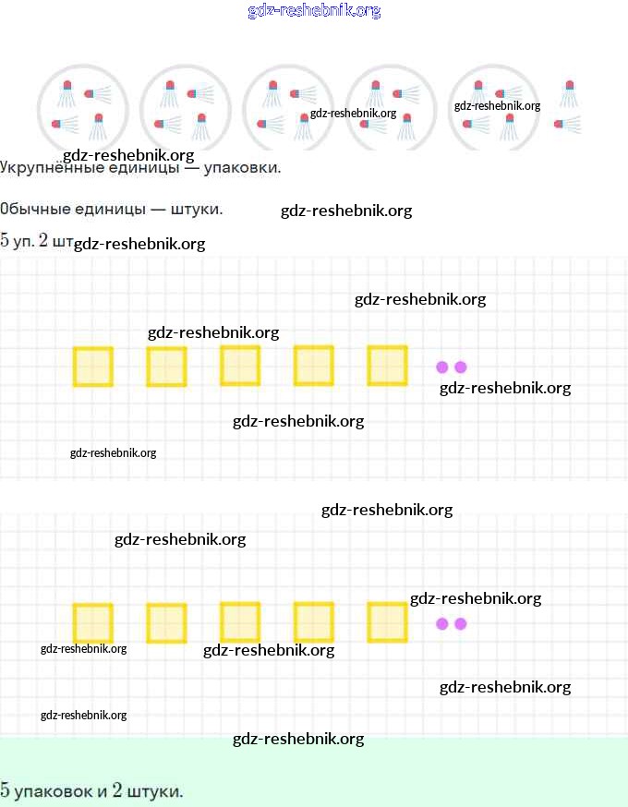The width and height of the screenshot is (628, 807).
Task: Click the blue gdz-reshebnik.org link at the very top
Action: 314,10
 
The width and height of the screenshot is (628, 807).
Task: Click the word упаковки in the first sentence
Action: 242,168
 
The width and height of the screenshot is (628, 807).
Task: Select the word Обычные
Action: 35,209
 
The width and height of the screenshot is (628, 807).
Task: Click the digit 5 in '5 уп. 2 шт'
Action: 5,240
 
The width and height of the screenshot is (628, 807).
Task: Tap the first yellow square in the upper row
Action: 93,367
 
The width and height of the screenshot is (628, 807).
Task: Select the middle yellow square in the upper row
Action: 240,366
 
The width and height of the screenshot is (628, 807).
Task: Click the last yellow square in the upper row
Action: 388,366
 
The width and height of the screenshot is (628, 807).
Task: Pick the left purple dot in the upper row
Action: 442,367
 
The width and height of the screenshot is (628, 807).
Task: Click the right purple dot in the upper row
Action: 461,367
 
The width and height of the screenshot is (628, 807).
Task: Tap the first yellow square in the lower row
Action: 93,623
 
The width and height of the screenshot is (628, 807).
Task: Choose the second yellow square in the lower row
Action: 167,623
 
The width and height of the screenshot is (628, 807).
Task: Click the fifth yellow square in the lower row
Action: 388,622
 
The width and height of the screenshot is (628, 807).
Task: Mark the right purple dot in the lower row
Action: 461,624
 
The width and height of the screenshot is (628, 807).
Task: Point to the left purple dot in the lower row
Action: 442,624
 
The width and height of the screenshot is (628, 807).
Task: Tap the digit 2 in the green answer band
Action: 117,790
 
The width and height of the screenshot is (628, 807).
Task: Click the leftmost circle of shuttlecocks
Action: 82,109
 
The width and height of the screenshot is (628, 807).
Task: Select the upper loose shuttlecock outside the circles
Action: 568,93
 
